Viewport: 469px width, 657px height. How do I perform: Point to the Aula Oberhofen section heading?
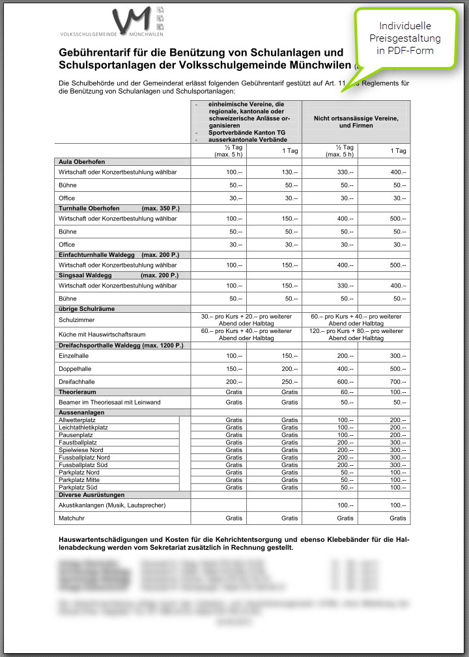click(81, 161)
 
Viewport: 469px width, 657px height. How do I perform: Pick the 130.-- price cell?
click(290, 172)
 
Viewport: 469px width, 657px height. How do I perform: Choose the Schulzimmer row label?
click(77, 319)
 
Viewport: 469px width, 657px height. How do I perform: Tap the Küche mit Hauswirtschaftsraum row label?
click(102, 334)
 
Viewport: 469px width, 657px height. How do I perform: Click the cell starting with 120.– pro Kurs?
click(356, 334)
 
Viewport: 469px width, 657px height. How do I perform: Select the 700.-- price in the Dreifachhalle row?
click(397, 382)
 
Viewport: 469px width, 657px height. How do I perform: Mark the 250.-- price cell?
click(290, 382)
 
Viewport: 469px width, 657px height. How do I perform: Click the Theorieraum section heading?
click(78, 392)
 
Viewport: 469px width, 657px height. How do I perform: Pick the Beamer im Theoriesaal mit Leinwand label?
click(109, 403)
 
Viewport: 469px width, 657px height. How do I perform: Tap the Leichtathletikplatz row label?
click(83, 427)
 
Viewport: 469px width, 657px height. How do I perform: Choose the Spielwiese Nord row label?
click(81, 449)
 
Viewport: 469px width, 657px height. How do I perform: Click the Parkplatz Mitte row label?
click(80, 479)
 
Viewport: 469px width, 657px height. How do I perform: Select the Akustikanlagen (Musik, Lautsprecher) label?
click(111, 505)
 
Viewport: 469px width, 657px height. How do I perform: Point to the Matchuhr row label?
click(72, 518)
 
